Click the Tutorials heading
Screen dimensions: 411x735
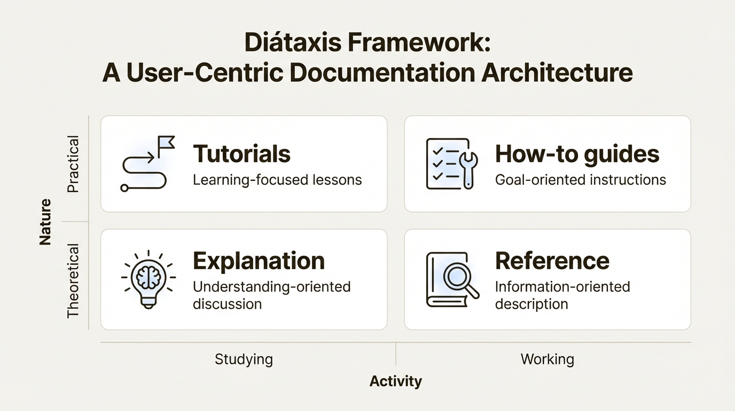[x=241, y=154]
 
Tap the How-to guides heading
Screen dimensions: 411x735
[x=577, y=154]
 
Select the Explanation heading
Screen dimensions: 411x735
[x=259, y=261]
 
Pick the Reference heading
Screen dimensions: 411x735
[x=552, y=261]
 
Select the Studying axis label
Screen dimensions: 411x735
[x=244, y=359]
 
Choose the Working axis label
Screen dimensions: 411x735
[x=547, y=359]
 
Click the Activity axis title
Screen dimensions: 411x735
[x=396, y=381]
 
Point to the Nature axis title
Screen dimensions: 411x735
[x=45, y=222]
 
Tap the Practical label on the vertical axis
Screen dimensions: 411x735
[x=73, y=164]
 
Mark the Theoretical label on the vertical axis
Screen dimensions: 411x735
[x=73, y=281]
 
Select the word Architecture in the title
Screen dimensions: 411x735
[x=557, y=73]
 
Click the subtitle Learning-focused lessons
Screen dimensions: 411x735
[x=277, y=180]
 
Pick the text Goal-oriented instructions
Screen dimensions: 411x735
[x=580, y=180]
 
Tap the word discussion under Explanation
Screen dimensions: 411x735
[x=227, y=304]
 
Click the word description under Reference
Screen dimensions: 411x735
[x=531, y=304]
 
